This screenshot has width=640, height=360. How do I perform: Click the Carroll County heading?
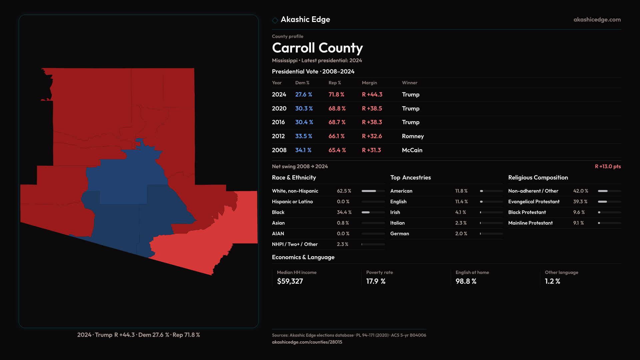[317, 48]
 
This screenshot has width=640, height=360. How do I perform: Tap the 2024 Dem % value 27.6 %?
[303, 95]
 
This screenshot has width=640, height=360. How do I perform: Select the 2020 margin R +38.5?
[372, 109]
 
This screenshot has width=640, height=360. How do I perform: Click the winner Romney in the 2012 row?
[413, 136]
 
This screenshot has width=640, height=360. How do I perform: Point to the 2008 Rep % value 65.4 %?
[337, 150]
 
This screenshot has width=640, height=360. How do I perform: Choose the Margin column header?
[369, 83]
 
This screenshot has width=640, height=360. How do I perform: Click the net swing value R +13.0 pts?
[608, 166]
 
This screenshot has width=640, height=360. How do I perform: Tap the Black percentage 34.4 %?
[344, 212]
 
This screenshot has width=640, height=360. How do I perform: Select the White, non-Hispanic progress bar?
[373, 191]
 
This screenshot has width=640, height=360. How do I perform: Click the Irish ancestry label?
[395, 212]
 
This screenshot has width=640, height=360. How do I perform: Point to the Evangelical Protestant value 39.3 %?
[580, 202]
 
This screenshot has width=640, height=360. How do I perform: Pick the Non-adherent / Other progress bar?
[609, 191]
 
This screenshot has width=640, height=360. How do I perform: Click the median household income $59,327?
[290, 281]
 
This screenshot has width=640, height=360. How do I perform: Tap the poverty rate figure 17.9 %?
[376, 281]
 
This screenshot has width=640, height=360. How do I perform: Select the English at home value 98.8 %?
[466, 281]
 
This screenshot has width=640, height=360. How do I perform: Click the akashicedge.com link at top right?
[597, 20]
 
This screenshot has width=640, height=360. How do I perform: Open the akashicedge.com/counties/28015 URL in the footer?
[307, 342]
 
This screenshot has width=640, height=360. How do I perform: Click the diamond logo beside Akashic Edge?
[275, 20]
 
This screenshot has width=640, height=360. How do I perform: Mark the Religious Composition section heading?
[538, 178]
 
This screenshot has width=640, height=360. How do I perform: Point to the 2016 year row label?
[278, 122]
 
